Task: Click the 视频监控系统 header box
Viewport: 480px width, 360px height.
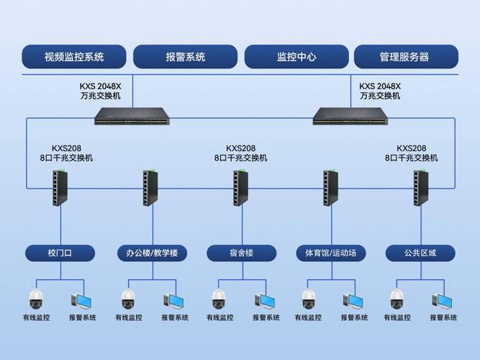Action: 74,57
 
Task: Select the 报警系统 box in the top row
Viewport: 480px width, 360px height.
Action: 186,57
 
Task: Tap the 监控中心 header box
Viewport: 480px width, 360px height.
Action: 296,57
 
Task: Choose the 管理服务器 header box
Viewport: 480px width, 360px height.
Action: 405,57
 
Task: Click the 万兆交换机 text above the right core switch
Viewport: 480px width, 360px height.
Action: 381,96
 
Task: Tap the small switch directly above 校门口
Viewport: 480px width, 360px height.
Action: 60,187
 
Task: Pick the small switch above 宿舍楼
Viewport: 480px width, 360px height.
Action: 240,187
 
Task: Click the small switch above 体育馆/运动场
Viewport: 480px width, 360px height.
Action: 330,187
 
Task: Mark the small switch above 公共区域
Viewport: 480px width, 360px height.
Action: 420,187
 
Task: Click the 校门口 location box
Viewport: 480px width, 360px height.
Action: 60,253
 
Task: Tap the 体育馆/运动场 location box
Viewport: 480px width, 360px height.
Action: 331,253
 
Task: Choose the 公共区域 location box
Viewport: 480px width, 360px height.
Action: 421,253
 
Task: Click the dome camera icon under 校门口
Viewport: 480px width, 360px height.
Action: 36,298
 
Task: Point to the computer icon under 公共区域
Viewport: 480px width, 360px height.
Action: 443,300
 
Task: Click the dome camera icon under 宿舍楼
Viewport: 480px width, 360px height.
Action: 219,298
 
